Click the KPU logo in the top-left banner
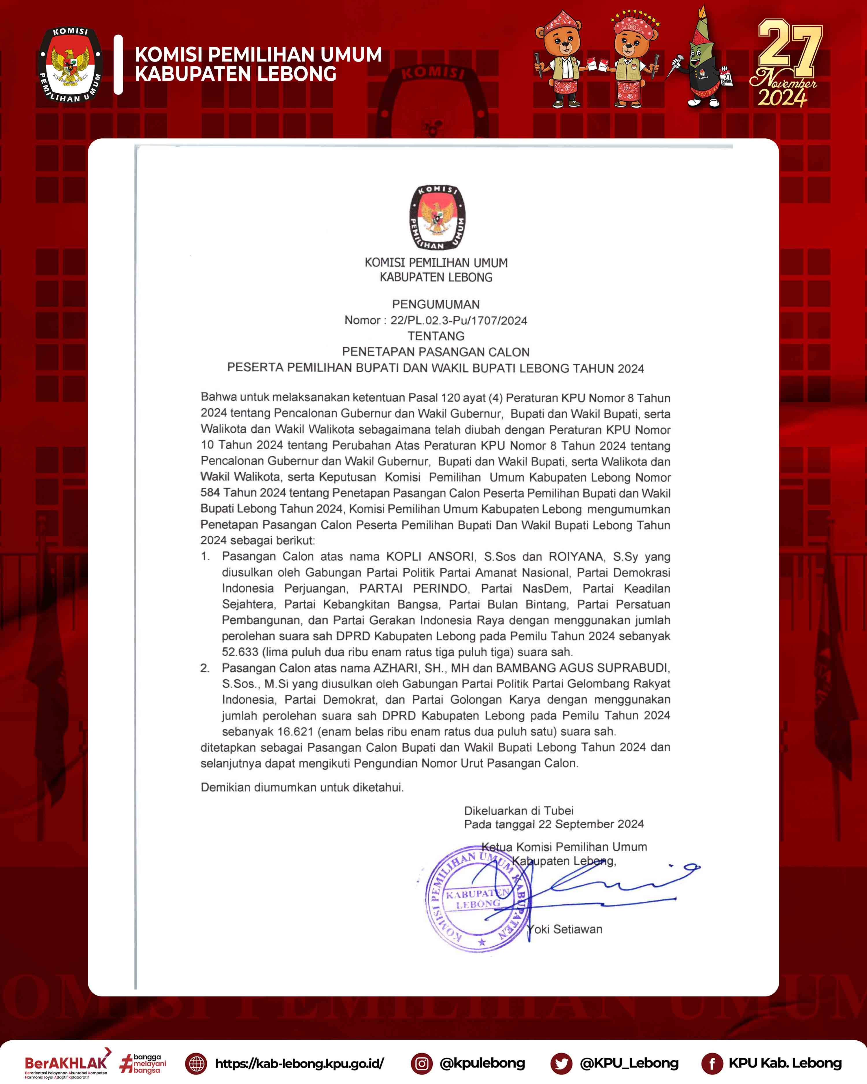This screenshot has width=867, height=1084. (71, 64)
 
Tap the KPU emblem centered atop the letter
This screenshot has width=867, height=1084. (436, 218)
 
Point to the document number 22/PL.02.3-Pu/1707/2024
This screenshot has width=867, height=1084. (459, 320)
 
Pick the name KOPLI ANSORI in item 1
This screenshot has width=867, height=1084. (430, 557)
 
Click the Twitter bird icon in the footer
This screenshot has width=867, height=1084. (561, 1063)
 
